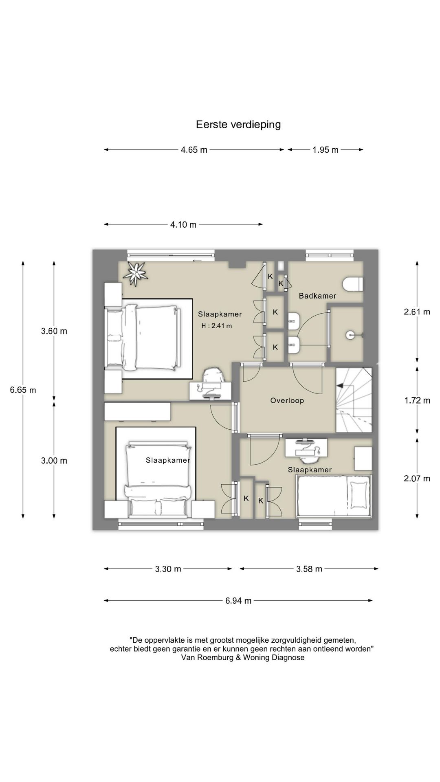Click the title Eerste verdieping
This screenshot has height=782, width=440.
(238, 125)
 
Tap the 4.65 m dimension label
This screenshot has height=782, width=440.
(194, 150)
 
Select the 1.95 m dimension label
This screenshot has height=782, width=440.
(326, 150)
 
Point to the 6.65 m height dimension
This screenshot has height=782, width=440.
(23, 390)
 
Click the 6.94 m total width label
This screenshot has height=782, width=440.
(238, 600)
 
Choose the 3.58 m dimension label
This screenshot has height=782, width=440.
(309, 569)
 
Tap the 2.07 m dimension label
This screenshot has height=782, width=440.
(417, 479)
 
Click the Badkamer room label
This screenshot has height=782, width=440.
(318, 296)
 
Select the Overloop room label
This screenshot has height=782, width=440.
(287, 401)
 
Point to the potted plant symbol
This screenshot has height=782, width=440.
(136, 273)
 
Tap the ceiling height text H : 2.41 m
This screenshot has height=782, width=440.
(217, 326)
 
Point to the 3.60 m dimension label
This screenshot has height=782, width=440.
(54, 331)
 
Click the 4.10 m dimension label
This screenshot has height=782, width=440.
(183, 224)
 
